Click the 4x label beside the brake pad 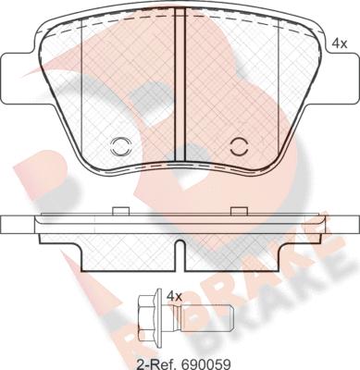click(340, 44)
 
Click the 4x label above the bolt click(174, 297)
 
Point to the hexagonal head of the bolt click(148, 317)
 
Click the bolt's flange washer click(159, 317)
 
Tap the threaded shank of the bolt click(206, 317)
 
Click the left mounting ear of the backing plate click(17, 79)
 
